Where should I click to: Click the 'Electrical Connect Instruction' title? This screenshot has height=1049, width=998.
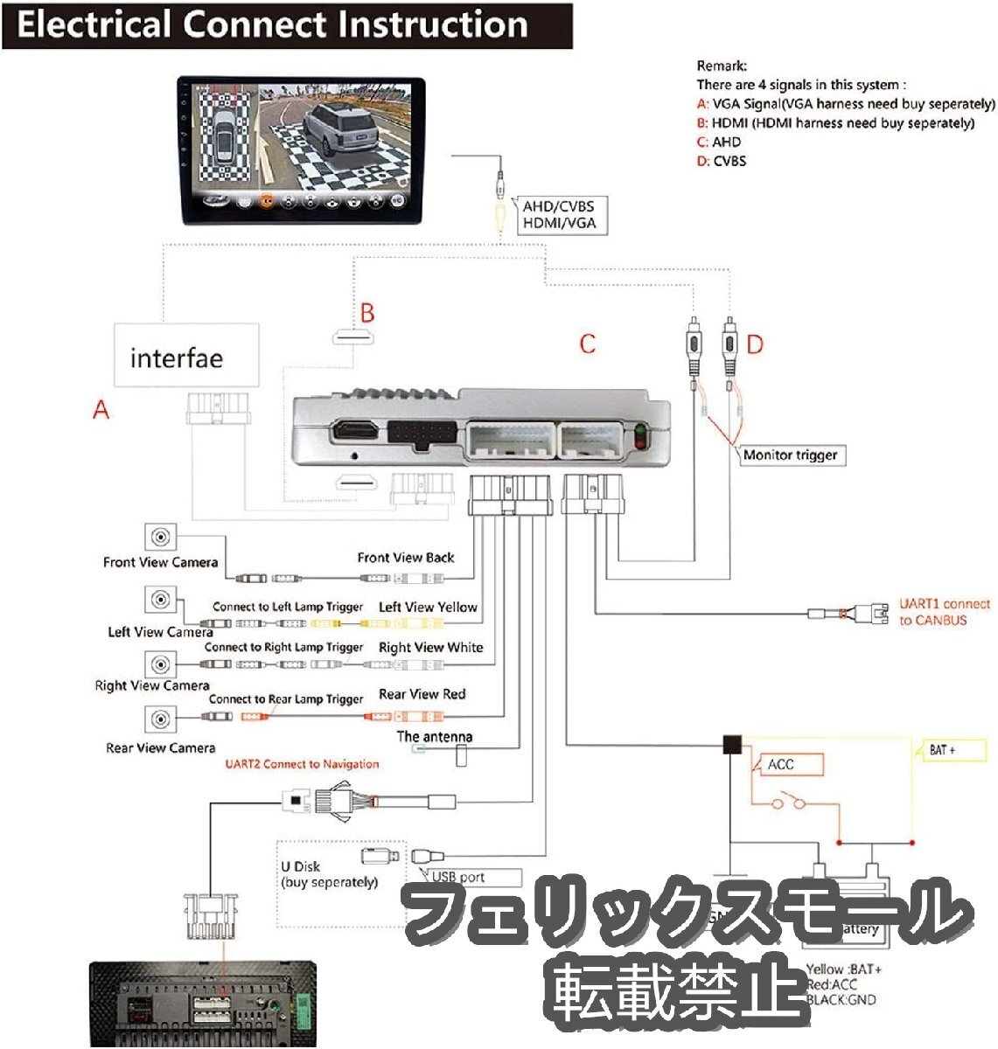pos(273,24)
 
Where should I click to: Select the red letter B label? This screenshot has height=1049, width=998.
pos(367,313)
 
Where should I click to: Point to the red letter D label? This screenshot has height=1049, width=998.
pos(754,344)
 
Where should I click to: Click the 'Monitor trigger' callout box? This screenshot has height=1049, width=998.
pos(791,455)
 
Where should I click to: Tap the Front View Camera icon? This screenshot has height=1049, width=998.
pos(160,537)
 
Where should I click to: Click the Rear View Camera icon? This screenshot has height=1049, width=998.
pos(160,719)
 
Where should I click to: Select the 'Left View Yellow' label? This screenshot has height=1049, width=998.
pos(428,607)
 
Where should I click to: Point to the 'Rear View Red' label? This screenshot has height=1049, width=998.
pos(422,694)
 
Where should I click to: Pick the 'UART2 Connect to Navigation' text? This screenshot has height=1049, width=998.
pos(302,764)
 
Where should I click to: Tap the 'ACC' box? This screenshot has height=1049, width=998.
pos(787,765)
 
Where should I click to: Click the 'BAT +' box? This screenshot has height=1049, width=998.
pos(949,750)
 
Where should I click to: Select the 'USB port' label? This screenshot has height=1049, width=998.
pos(472,877)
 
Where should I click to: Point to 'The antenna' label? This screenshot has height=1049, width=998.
pos(435,737)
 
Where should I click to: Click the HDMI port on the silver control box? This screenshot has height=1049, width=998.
pos(353,431)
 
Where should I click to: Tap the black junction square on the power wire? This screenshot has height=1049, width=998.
pos(731,745)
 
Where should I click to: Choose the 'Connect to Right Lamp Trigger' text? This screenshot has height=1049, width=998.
pos(283,648)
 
